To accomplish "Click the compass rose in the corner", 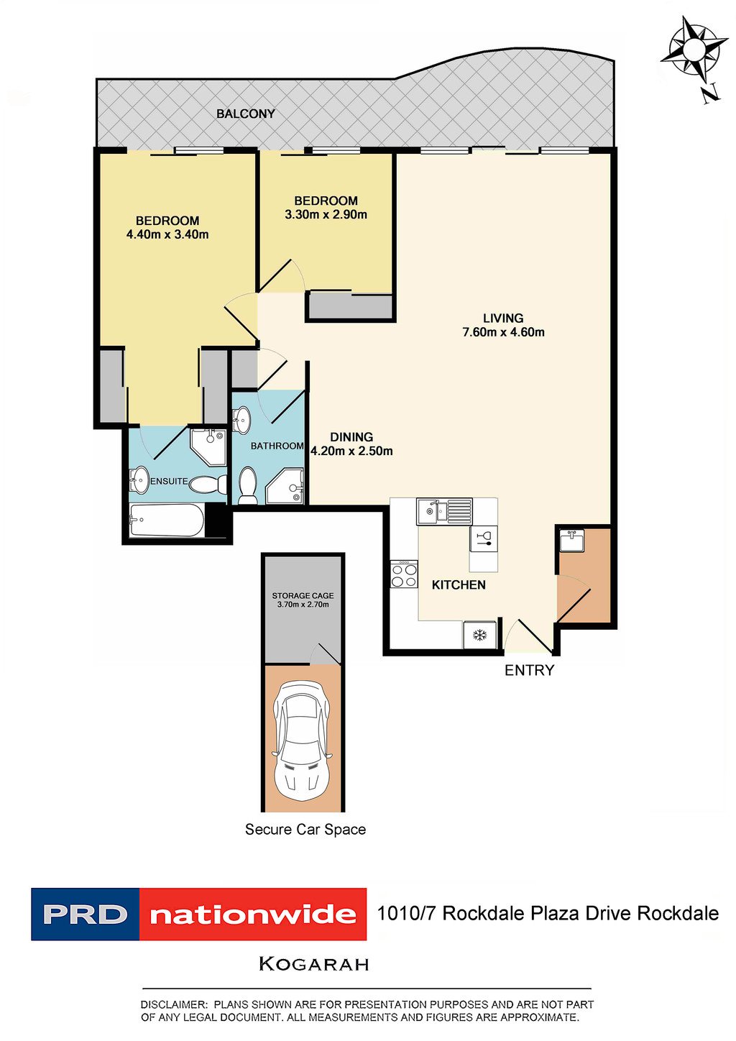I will click(694, 50).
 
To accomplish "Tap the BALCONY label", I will click(246, 114).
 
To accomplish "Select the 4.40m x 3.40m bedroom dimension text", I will click(167, 234).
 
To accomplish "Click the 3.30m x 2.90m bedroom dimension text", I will click(326, 214).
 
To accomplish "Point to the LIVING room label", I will click(502, 318).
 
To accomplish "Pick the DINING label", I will click(351, 436).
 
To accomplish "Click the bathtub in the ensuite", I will click(167, 520).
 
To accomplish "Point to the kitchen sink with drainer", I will click(444, 511).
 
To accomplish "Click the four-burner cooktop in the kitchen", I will click(404, 574).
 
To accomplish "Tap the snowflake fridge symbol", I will click(479, 635).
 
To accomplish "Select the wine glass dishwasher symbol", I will click(484, 538).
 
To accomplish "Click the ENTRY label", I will click(529, 670).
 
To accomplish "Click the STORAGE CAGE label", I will click(303, 595).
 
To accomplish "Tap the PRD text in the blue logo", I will click(86, 914).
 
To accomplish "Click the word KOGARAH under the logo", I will click(313, 964).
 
